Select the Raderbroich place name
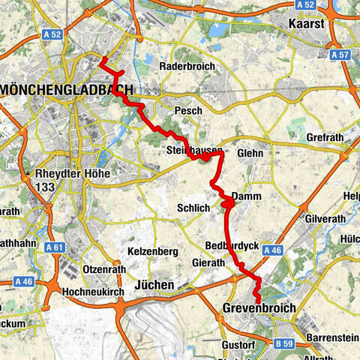(x=187, y=66)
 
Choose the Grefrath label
(x=324, y=138)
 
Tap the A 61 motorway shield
(x=54, y=247)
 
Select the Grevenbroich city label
(x=259, y=308)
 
